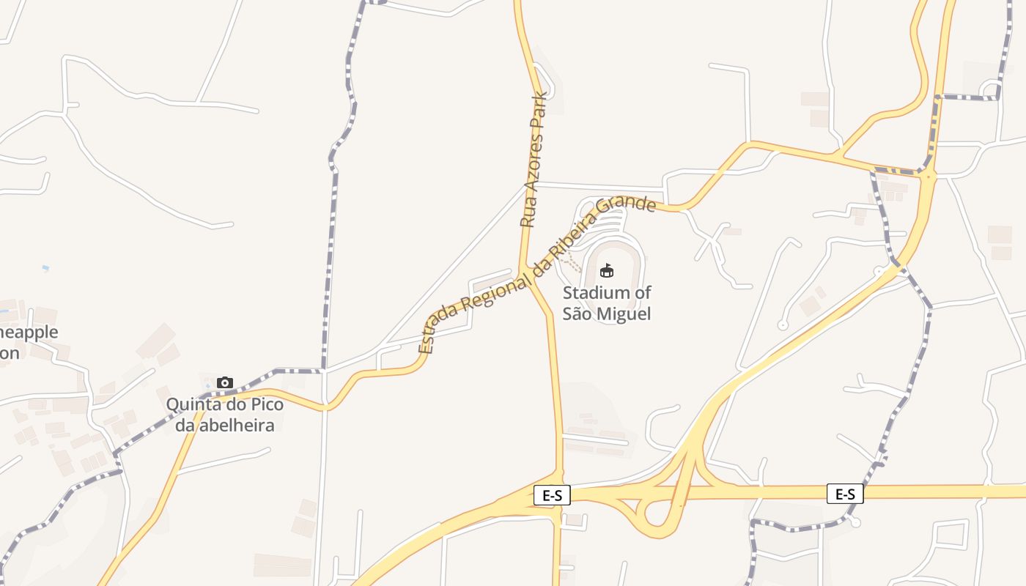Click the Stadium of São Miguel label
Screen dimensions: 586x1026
coord(607,303)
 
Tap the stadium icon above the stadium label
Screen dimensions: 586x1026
coord(607,271)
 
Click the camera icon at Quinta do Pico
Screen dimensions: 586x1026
coord(225,382)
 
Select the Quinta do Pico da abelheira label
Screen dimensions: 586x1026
coord(224,415)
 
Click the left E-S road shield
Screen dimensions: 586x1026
coord(552,496)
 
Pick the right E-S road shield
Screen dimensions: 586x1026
coord(845,494)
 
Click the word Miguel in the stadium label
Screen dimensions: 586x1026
coord(625,314)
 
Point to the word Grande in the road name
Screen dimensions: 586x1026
coord(626,201)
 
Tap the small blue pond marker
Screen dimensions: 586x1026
coord(46,269)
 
